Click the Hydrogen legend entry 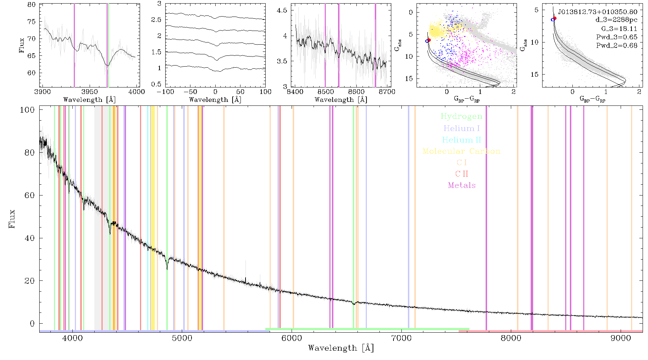461,116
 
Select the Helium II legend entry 462,140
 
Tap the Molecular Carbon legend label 462,151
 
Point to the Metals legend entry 462,185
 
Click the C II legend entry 462,174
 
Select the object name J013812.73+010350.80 598,12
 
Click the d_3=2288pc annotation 616,20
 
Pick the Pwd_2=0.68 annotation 617,46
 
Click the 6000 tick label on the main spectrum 292,338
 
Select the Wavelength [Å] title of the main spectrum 341,348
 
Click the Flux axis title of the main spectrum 12,219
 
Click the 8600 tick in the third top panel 356,92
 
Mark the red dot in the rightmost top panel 555,18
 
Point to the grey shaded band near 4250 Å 98,218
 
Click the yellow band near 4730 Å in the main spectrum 153,218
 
